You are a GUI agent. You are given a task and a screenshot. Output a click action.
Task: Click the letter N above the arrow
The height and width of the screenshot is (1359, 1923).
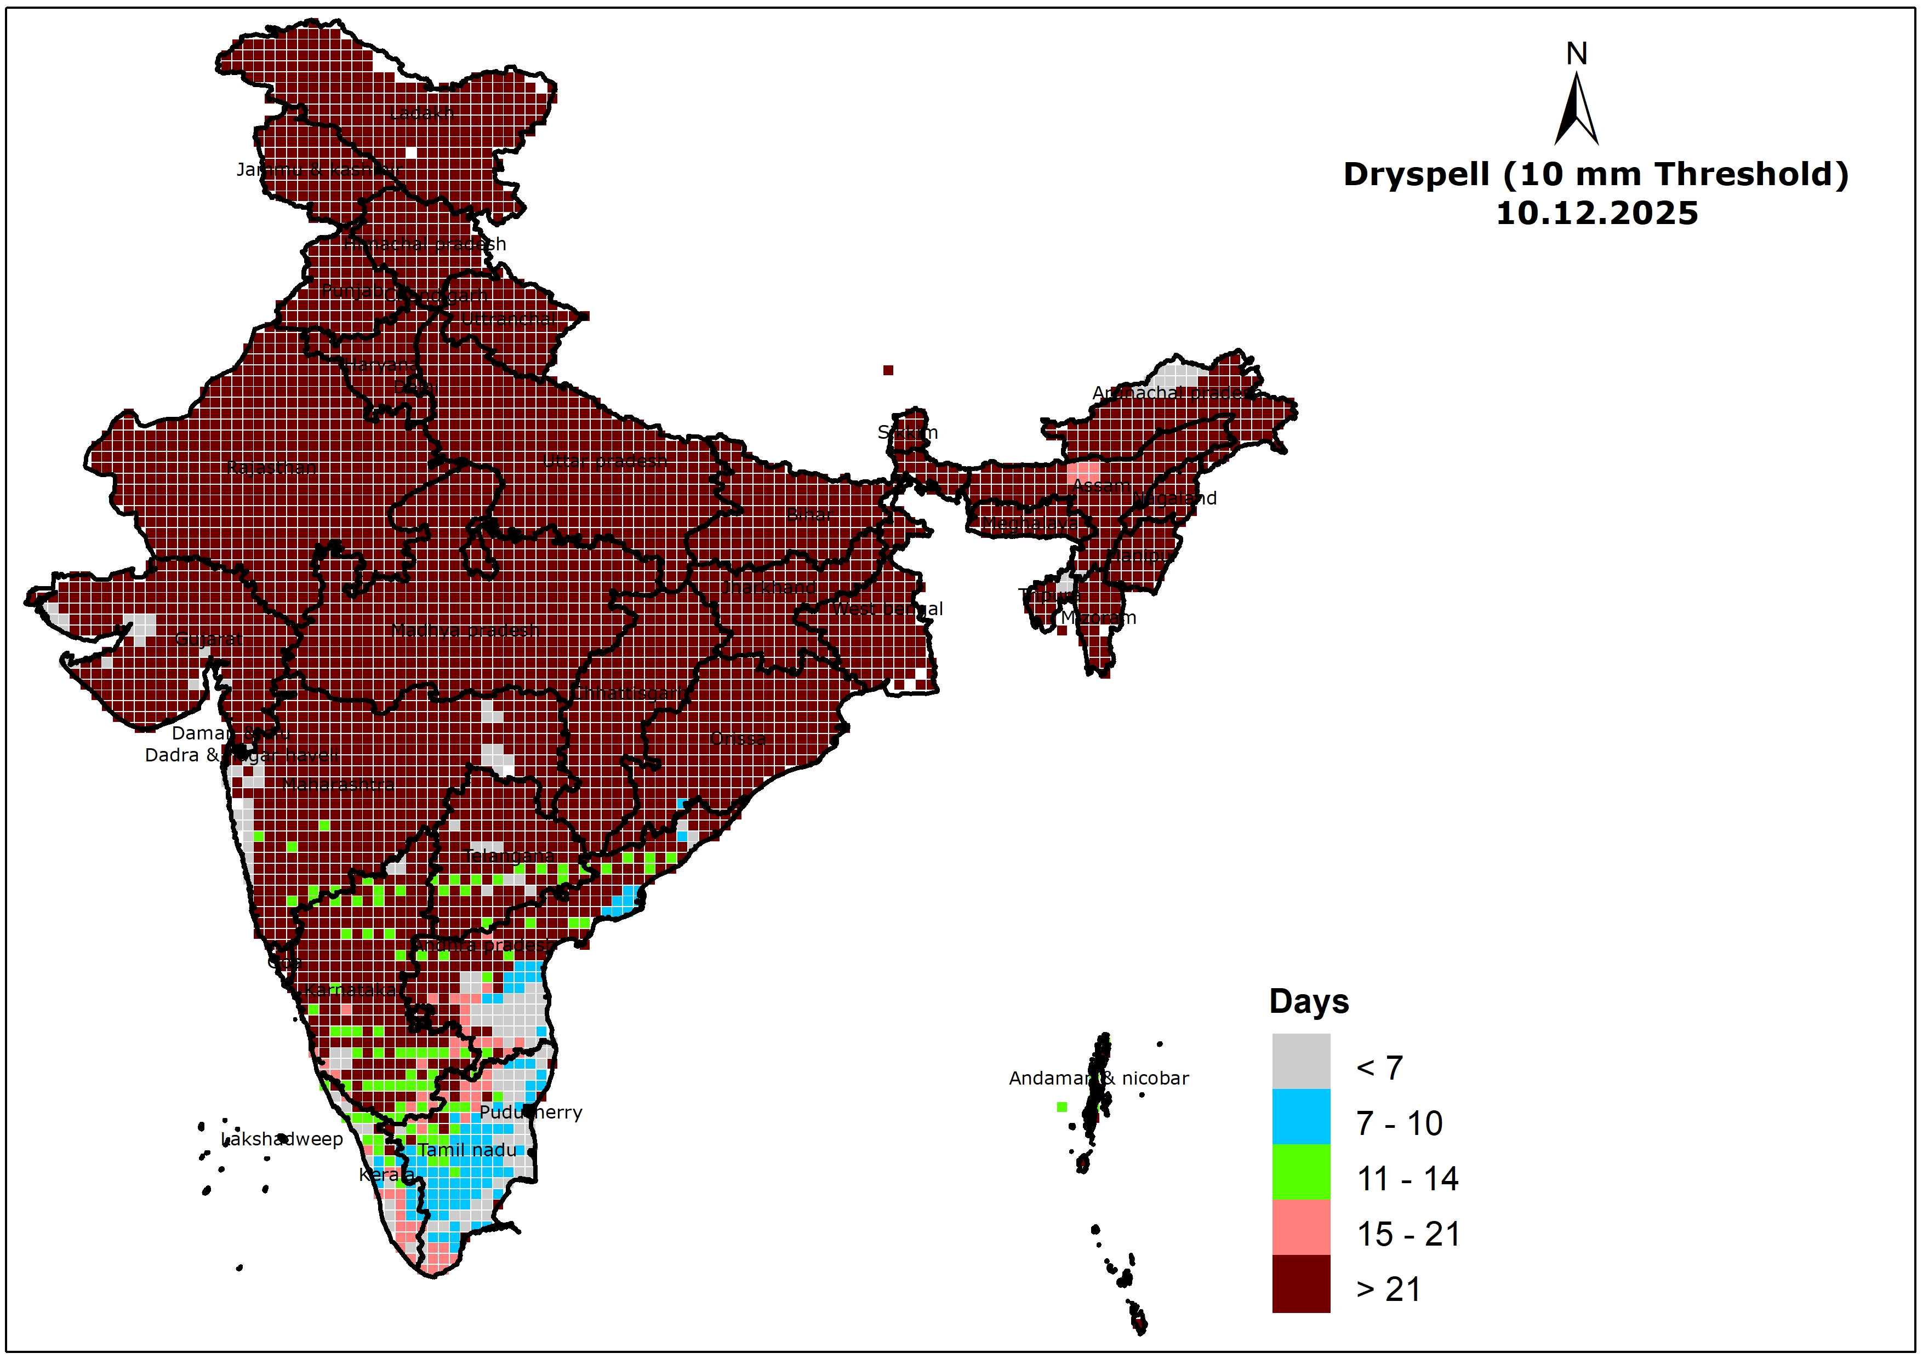click(x=1576, y=54)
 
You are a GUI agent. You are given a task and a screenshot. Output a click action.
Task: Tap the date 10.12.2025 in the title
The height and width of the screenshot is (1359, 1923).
click(x=1596, y=214)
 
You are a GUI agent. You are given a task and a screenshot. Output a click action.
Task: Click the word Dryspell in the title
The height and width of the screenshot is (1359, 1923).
click(x=1416, y=175)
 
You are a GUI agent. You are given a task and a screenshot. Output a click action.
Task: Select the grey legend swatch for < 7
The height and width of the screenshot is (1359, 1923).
click(x=1300, y=1061)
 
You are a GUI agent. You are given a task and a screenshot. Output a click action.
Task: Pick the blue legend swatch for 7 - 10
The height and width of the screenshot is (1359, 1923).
click(x=1300, y=1116)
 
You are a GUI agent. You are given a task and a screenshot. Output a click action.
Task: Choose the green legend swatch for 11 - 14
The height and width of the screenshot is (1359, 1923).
click(x=1300, y=1172)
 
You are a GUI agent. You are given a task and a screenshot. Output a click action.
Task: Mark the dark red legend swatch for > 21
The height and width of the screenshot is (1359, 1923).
click(x=1300, y=1283)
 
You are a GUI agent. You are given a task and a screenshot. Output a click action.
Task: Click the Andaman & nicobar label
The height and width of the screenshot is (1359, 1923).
click(x=1098, y=1079)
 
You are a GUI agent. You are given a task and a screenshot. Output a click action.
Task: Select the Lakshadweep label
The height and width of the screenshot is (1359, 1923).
click(x=282, y=1139)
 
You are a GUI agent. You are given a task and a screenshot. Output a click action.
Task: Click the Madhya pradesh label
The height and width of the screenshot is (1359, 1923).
click(x=465, y=630)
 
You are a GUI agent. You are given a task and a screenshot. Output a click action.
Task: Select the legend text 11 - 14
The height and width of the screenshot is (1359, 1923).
click(x=1407, y=1179)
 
